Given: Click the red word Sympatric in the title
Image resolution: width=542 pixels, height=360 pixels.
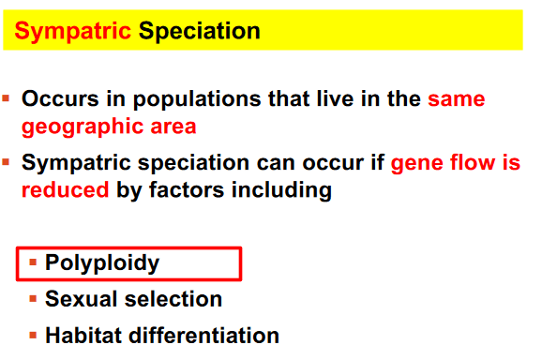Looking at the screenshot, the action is (x=72, y=32).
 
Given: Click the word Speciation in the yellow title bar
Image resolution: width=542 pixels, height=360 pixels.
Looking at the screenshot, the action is (x=199, y=32).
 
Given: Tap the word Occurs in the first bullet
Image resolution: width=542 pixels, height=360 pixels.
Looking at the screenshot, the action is (x=60, y=98).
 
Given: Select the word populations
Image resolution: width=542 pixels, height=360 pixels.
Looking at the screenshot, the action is (x=197, y=100).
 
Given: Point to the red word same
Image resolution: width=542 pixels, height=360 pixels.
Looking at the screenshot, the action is (x=457, y=99).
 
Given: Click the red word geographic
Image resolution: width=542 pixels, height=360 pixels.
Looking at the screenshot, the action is (x=83, y=127).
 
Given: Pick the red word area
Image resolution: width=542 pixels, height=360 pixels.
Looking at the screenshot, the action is (x=173, y=127).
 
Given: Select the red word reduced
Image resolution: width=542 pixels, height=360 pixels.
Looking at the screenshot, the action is (x=66, y=189).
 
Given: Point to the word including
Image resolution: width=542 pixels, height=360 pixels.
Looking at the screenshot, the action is (x=281, y=190).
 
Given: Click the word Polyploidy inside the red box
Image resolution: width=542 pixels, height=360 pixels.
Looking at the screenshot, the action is (x=102, y=263).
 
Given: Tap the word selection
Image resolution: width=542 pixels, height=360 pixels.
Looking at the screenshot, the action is (x=173, y=299).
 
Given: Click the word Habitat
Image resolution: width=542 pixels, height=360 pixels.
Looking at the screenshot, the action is (x=83, y=335).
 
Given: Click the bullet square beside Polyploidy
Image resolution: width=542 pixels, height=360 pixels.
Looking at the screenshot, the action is (x=33, y=262).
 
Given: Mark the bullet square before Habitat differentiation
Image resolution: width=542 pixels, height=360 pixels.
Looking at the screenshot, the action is (x=33, y=335).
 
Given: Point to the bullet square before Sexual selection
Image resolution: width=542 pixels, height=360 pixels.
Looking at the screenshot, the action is (x=33, y=299).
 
